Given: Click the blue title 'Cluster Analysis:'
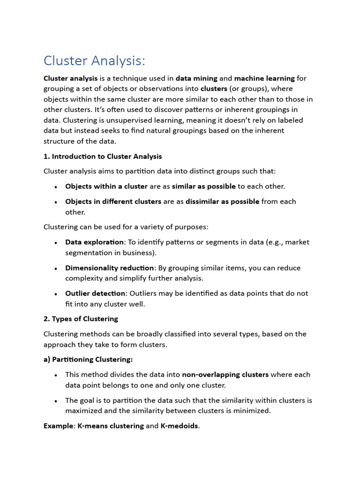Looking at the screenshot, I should pos(94,60).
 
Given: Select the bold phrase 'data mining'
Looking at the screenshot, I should pos(196,78).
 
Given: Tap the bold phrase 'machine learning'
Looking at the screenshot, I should pos(264,78).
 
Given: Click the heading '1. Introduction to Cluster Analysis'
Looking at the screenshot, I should pos(103,157).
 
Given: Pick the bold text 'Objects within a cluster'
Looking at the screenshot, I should pos(106,186).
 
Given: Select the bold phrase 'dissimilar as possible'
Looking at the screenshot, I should pos(222,202).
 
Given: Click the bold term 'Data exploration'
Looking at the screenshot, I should pos(94,242).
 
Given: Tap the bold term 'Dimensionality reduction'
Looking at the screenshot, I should pos(109,268).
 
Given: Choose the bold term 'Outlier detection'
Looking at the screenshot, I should pos(95,293).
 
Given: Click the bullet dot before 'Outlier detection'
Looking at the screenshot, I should pos(56,294).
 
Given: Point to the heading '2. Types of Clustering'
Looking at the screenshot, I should pos(81,319).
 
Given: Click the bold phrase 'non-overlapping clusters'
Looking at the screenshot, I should pos(225,375).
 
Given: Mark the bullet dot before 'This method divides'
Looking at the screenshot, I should pos(56,375).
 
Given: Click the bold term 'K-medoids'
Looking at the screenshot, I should pos(180,426).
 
